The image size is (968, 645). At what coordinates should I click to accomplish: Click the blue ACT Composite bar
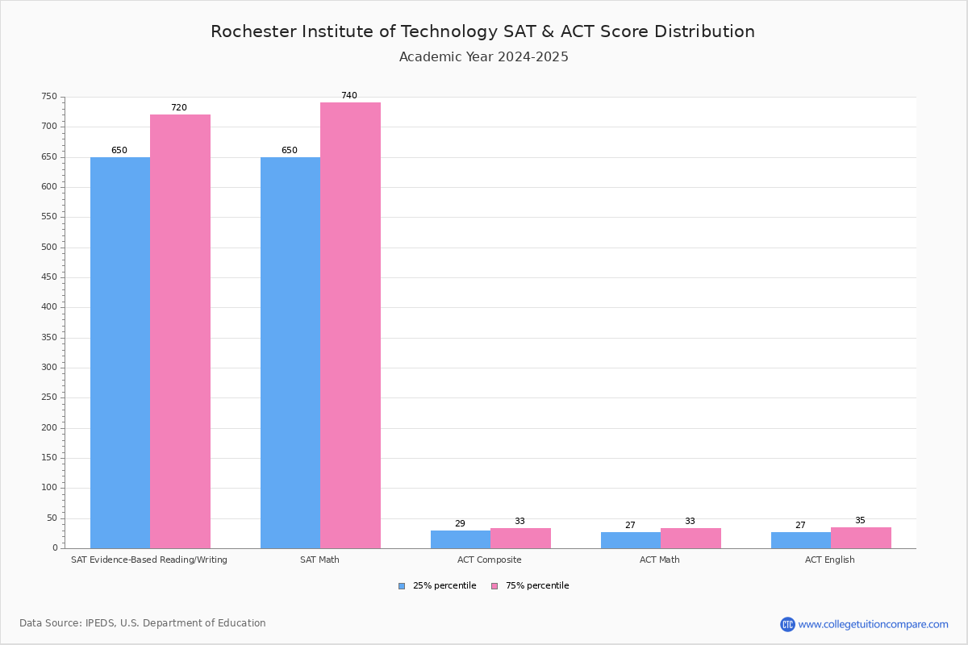(461, 539)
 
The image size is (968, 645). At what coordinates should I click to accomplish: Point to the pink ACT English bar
(861, 538)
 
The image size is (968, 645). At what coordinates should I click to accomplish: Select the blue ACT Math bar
(631, 540)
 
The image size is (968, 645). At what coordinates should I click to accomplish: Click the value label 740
(348, 96)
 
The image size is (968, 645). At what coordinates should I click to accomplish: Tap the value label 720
(178, 108)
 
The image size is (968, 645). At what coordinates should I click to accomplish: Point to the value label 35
(860, 521)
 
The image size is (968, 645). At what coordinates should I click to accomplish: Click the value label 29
(460, 524)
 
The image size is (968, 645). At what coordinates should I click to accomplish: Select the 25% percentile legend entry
(437, 586)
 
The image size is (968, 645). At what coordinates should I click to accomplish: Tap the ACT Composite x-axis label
(489, 560)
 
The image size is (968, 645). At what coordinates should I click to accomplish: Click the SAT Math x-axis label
(319, 560)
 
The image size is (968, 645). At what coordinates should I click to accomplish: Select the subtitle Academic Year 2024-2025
(484, 57)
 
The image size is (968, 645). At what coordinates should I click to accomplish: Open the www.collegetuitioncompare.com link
(873, 624)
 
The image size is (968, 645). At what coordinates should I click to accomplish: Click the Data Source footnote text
(143, 623)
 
